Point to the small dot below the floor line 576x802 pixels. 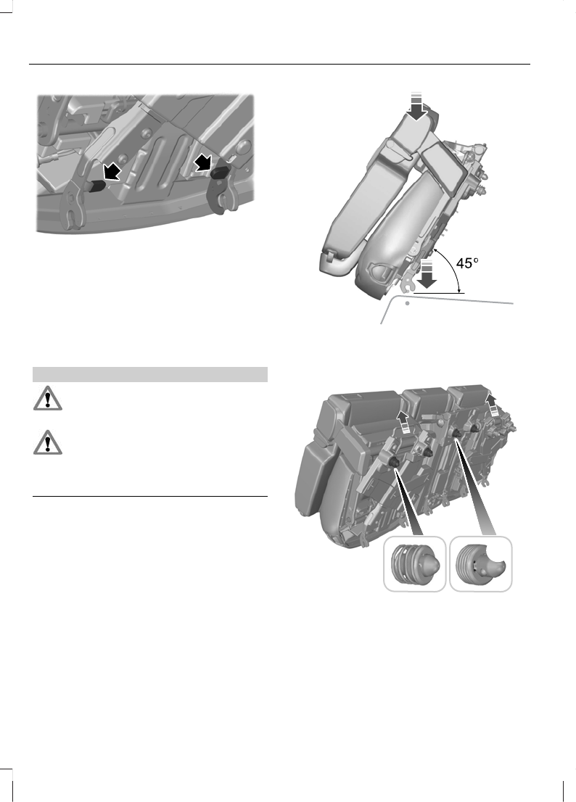point(407,304)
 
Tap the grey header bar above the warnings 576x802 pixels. point(151,374)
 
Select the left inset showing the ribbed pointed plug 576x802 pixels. point(414,564)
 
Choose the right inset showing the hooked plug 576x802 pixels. point(480,563)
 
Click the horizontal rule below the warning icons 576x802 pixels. point(151,497)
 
